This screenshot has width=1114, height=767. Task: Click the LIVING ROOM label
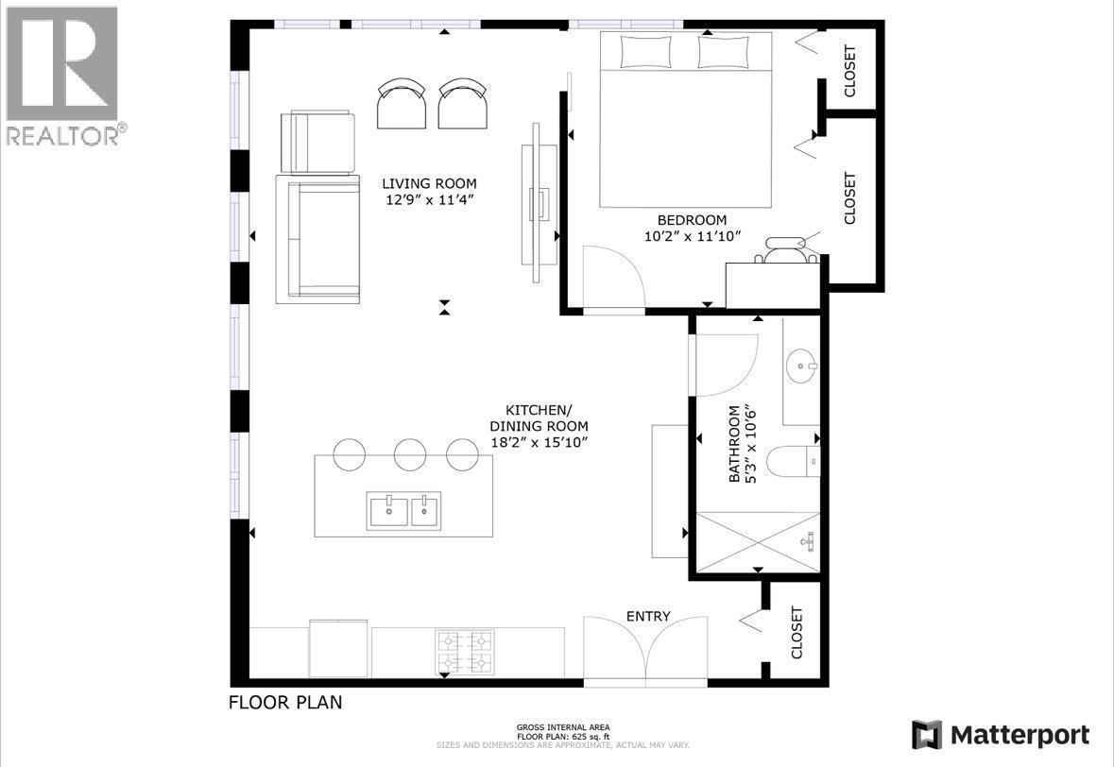429,183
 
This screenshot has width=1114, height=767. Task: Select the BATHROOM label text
734,445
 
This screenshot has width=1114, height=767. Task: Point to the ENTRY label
648,617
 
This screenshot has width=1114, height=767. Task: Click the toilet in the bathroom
790,461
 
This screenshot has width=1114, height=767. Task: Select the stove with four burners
465,651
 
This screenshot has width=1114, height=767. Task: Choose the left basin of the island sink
387,511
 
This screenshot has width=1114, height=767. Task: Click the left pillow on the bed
645,52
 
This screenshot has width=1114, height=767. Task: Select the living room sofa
317,239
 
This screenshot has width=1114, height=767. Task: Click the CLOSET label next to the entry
797,633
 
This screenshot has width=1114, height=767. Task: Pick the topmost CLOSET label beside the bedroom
848,71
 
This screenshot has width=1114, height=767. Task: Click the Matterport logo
1001,735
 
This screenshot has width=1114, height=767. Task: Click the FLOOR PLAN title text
285,703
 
